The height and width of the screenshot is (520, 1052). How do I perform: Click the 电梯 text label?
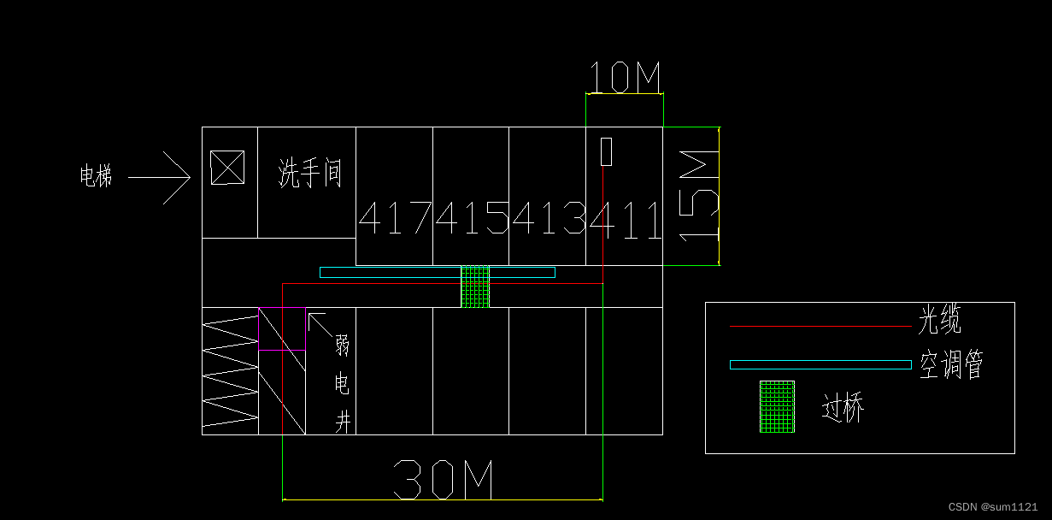pyautogui.click(x=96, y=177)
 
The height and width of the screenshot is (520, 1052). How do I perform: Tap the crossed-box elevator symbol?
pyautogui.click(x=227, y=168)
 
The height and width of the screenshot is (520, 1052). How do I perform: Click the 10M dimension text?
pyautogui.click(x=625, y=79)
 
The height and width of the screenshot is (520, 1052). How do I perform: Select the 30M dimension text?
pyautogui.click(x=443, y=480)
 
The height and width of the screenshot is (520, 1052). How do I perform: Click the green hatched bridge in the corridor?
pyautogui.click(x=475, y=287)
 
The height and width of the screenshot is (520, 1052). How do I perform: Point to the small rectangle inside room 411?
pyautogui.click(x=607, y=151)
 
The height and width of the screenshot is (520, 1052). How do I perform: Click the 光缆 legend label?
pyautogui.click(x=940, y=321)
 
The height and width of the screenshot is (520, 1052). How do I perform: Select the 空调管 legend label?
pyautogui.click(x=951, y=365)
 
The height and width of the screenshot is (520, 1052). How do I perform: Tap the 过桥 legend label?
pyautogui.click(x=843, y=408)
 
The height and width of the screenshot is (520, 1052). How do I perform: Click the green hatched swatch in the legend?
pyautogui.click(x=777, y=407)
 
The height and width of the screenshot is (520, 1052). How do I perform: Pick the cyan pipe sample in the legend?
pyautogui.click(x=820, y=364)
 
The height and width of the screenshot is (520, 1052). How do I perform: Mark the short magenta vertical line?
pyautogui.click(x=259, y=329)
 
